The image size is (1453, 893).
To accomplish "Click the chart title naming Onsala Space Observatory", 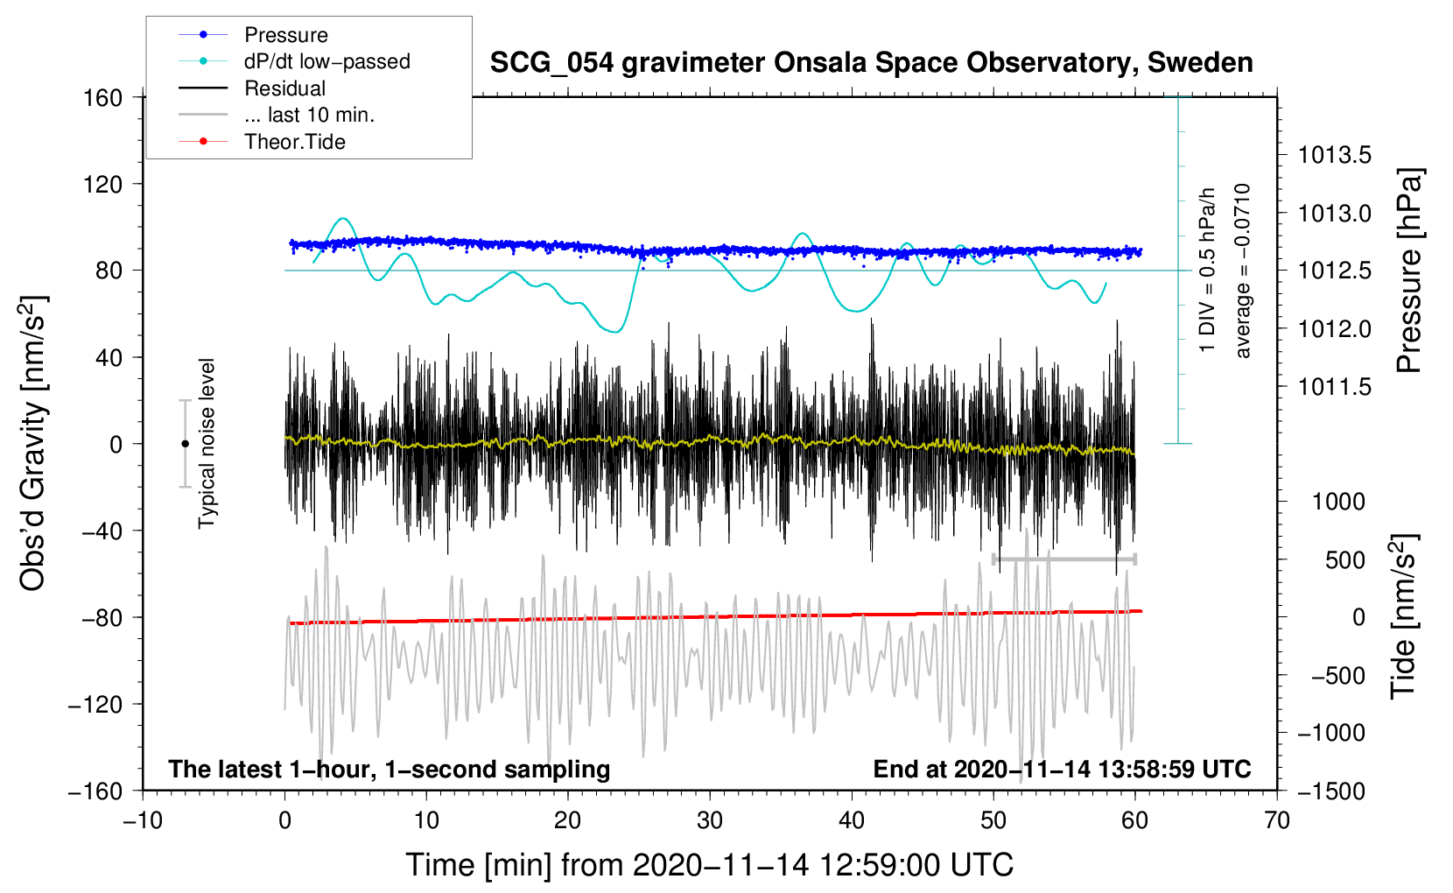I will tap(871, 63).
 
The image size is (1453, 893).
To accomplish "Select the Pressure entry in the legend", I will tap(285, 35).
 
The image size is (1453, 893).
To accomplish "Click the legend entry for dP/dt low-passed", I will tap(326, 61).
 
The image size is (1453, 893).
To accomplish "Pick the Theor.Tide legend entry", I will tap(294, 142).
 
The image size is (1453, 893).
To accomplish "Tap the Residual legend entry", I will tap(284, 88).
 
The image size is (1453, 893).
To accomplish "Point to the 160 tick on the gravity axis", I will tap(103, 97).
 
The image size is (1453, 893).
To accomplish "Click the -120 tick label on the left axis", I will tap(96, 704).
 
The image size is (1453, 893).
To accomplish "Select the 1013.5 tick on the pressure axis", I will tap(1335, 156).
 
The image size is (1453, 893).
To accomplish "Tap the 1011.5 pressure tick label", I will tap(1335, 387).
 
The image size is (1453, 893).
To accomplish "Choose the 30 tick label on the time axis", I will tap(710, 820).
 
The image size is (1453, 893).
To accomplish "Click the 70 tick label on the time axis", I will tap(1277, 820).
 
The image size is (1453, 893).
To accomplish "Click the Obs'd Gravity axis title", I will tap(33, 443).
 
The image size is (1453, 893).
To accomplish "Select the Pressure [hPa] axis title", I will tap(1408, 271).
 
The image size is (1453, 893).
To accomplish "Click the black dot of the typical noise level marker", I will tap(185, 444).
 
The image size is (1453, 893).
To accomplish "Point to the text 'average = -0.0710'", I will tap(1243, 271).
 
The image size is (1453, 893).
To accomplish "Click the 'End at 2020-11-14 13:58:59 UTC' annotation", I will tap(1062, 769).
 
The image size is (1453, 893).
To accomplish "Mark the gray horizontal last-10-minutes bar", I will tap(1063, 559).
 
